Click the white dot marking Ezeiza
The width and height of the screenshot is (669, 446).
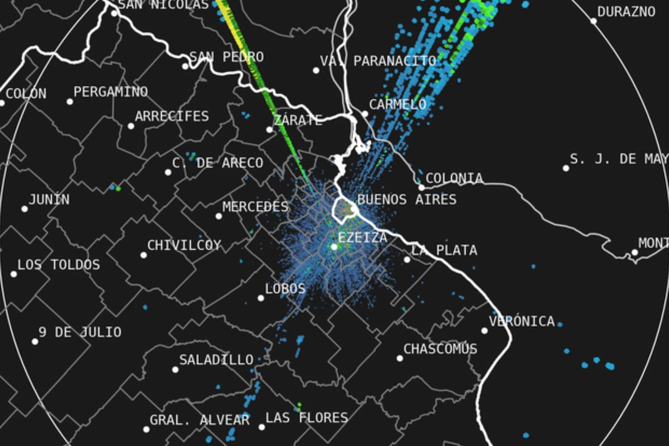[334, 246]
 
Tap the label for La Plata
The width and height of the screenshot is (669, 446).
[444, 250]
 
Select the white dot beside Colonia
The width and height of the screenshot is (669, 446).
[422, 187]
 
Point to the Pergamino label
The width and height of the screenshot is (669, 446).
[111, 91]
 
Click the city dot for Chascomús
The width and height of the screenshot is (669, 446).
[400, 358]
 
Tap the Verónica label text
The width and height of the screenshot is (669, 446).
[522, 321]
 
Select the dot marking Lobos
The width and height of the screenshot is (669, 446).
[260, 298]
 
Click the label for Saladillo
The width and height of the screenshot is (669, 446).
[216, 360]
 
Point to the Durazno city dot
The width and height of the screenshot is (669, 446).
[594, 21]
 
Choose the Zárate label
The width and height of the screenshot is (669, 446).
[298, 120]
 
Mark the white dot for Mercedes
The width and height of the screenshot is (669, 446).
[219, 216]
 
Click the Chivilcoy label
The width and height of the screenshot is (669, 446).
[184, 245]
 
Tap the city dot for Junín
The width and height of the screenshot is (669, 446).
[25, 209]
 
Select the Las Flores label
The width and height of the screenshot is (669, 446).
[307, 418]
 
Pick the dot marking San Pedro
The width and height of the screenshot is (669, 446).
[185, 66]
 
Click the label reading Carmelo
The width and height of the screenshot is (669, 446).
[397, 104]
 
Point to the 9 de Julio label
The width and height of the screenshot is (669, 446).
[80, 333]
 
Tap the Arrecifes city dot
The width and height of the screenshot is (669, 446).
[131, 126]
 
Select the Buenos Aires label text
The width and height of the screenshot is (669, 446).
[406, 200]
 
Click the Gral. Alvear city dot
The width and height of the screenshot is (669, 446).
[146, 429]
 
